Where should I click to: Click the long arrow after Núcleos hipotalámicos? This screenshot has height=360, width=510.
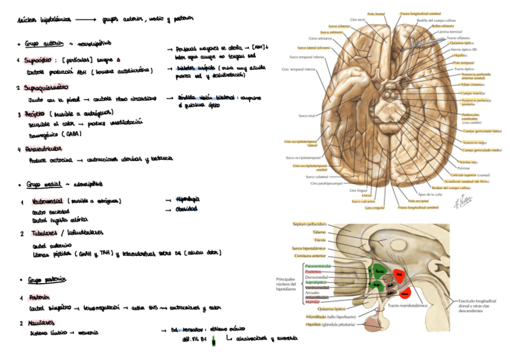[x=76, y=19]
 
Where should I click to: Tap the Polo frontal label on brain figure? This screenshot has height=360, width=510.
[x=376, y=13]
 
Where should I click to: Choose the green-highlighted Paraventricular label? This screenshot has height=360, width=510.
[x=318, y=266]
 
